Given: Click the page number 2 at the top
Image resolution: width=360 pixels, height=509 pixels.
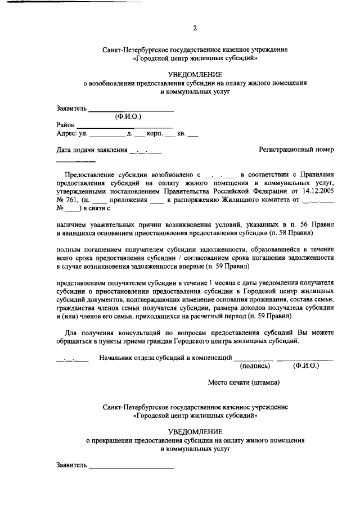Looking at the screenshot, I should tap(195, 28).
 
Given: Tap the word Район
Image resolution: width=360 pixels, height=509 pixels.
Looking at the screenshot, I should tap(66, 124).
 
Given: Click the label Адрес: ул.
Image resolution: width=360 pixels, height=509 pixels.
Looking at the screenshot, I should tap(72, 133).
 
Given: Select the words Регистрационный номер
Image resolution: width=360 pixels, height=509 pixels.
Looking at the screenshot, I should tap(296, 150).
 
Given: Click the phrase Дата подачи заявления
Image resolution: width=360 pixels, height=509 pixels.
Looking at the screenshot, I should tap(92, 150).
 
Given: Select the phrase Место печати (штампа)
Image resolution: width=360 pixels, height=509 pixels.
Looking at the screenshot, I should tap(244, 382).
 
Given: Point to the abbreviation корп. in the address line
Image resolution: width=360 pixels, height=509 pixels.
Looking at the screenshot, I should tap(154, 133).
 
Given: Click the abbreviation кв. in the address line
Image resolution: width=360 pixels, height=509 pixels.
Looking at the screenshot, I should tap(181, 133).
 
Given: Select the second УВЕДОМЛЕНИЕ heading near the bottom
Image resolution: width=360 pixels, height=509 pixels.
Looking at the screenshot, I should tap(195, 431).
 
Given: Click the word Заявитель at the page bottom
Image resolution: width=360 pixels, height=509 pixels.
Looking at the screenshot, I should tap(72, 465).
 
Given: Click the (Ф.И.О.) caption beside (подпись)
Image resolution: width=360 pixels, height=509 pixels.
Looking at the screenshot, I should tap(305, 365).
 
